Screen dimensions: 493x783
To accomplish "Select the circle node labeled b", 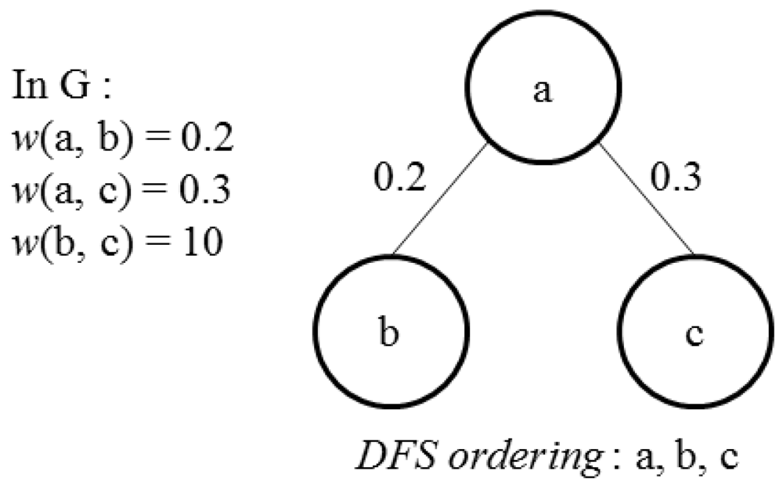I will (x=391, y=334).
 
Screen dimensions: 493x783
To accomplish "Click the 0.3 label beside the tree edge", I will (x=676, y=179).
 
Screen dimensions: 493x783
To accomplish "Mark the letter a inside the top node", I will (x=542, y=92).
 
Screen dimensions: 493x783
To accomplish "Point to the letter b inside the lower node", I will (x=391, y=334).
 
